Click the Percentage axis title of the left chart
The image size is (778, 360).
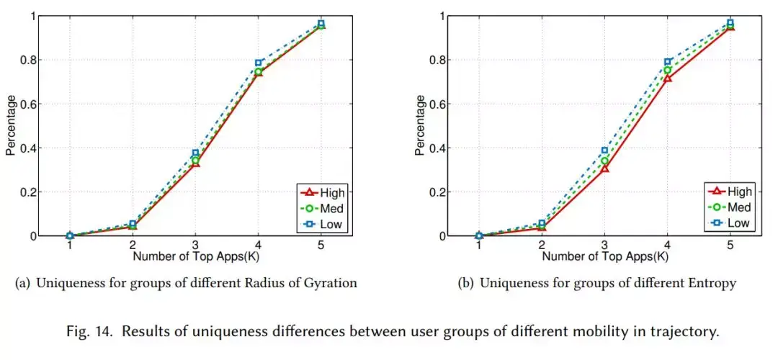coord(11,125)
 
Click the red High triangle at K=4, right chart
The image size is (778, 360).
coord(668,77)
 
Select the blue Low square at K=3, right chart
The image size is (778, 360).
coord(604,150)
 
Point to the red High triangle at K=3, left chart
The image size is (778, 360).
coord(195,163)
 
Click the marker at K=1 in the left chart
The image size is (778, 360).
coord(70,235)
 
